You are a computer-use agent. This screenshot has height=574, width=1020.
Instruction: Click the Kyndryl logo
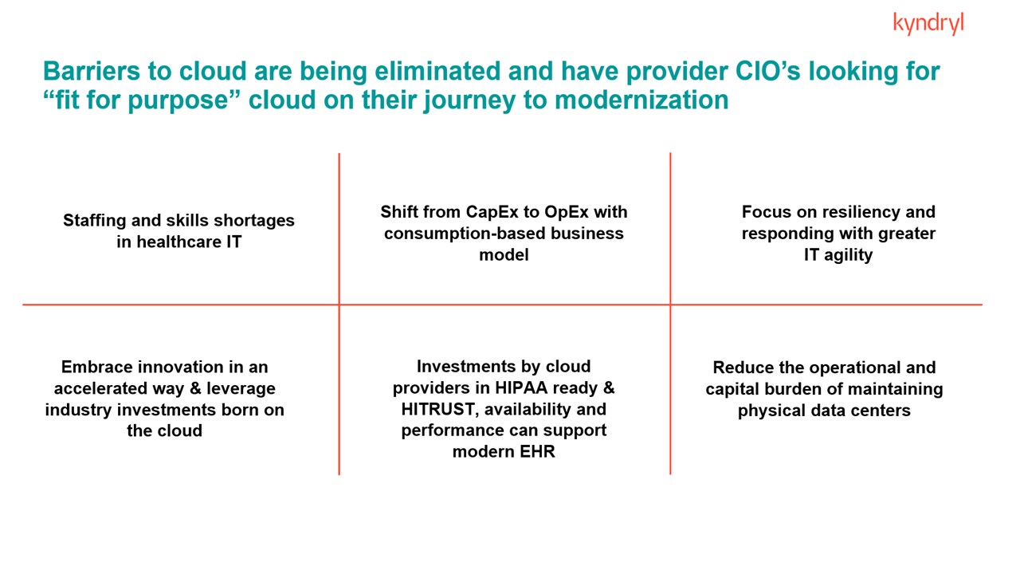pos(928,24)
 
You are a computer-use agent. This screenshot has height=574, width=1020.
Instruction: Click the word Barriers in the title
pos(92,71)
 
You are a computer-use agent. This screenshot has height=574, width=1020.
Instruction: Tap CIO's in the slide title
pos(767,71)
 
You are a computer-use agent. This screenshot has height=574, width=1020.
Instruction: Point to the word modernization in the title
pos(641,100)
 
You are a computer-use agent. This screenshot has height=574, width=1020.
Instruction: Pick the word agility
pos(849,255)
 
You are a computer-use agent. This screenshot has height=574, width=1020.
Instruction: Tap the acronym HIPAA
pos(521,388)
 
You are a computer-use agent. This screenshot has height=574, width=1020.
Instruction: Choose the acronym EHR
pos(537,452)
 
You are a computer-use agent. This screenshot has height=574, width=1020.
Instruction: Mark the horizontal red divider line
pos(502,305)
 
